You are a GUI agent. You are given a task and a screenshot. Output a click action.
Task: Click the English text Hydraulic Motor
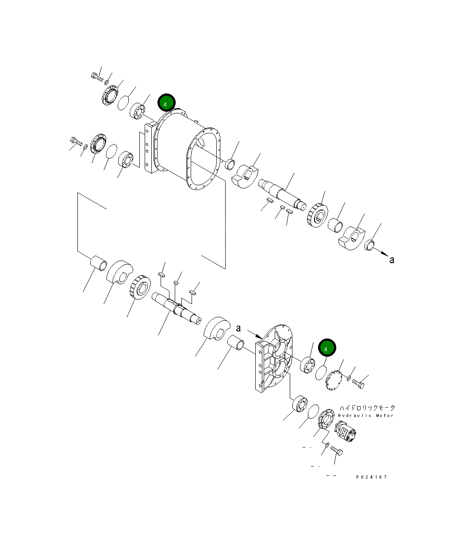[365, 416]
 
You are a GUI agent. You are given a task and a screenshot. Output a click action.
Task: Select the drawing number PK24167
[372, 477]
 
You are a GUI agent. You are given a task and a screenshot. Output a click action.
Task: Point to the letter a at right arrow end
[392, 260]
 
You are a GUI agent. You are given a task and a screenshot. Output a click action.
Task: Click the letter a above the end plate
[238, 328]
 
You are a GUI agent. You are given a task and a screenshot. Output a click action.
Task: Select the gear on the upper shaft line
[318, 216]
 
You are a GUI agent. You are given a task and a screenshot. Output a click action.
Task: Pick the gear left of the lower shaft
[139, 288]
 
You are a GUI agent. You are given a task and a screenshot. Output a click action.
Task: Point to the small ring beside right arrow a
[370, 244]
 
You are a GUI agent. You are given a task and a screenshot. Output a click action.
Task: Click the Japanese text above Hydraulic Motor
[367, 408]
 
